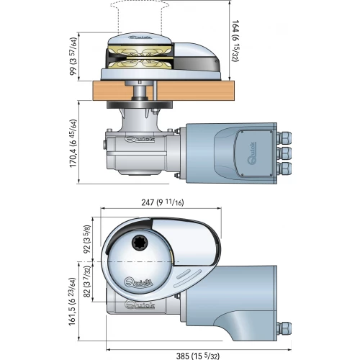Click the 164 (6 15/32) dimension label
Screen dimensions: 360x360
[x=235, y=41]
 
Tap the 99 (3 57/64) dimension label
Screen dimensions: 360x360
[x=73, y=56]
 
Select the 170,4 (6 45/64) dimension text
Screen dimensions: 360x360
[x=73, y=143]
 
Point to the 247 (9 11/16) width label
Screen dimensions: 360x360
[x=163, y=202]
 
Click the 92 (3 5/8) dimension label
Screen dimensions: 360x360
[x=86, y=239]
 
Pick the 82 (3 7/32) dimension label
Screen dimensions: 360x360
[x=86, y=282]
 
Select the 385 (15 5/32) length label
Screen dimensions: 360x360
[x=198, y=356]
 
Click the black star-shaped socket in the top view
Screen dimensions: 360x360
[x=140, y=244]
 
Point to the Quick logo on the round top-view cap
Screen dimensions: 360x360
[x=139, y=282]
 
